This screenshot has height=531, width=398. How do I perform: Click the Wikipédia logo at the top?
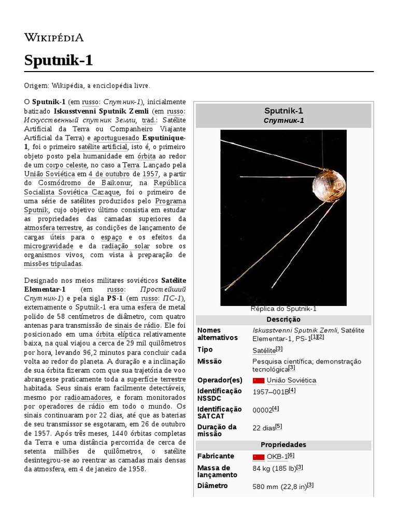coord(54,37)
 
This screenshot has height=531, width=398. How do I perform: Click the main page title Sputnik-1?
coord(59,60)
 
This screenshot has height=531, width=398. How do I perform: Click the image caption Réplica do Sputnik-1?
coord(283,309)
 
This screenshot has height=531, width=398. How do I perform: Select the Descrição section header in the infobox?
coord(283,319)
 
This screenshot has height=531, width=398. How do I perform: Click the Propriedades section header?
coord(283,445)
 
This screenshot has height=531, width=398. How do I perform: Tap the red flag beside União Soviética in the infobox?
coord(258,381)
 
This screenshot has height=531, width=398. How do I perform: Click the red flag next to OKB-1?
coord(258,457)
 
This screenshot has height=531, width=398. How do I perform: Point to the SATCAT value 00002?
coord(262,410)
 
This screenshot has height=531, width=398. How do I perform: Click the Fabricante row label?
coord(216,456)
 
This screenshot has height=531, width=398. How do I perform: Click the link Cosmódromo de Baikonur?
coord(85,183)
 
